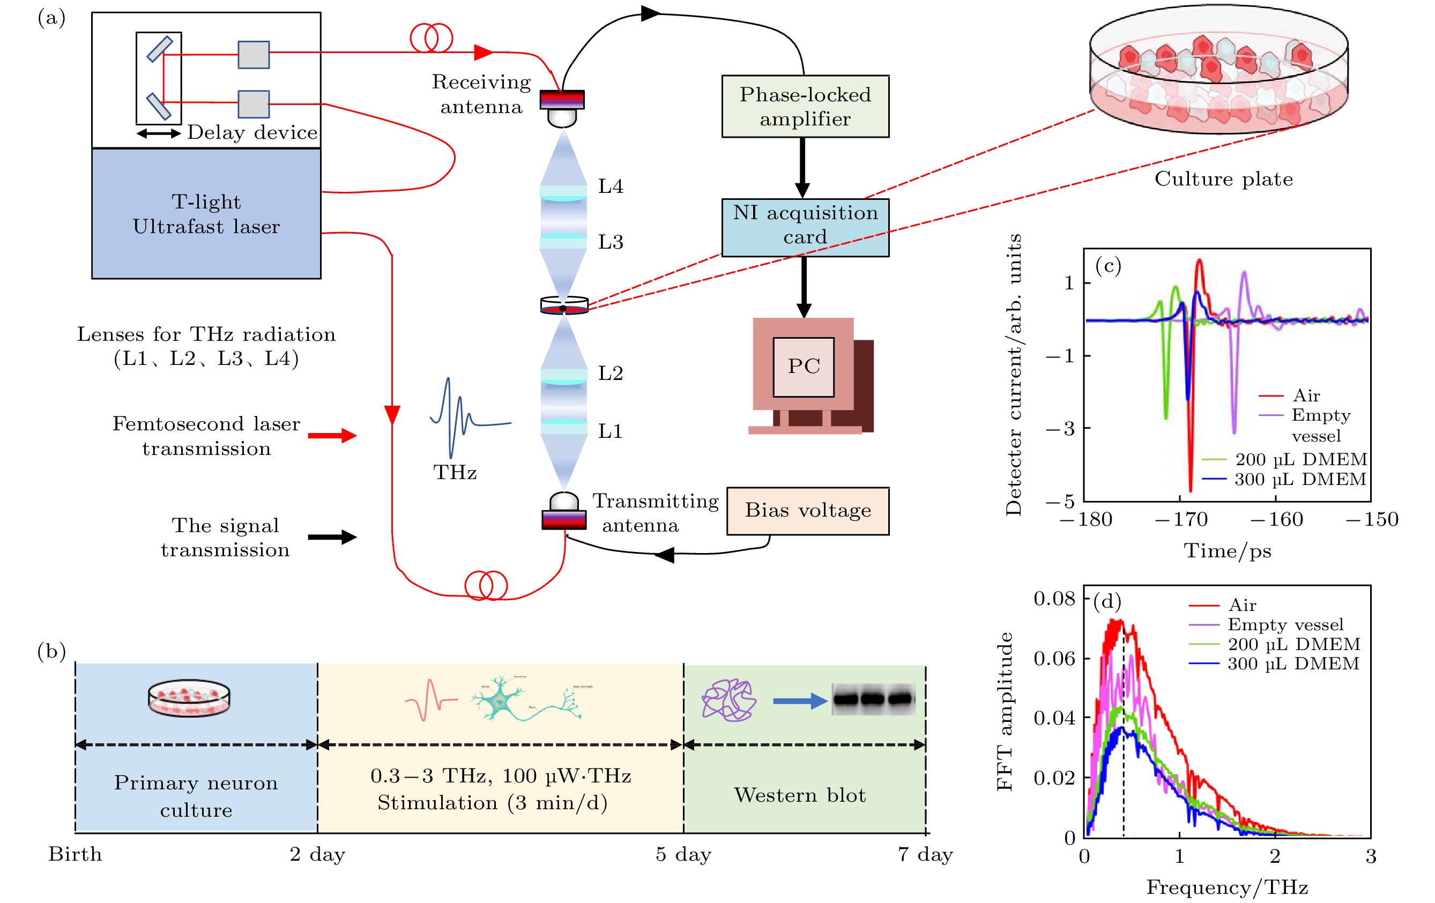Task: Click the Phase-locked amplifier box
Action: pyautogui.click(x=805, y=107)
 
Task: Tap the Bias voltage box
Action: pyautogui.click(x=807, y=511)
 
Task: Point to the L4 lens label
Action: pyautogui.click(x=610, y=186)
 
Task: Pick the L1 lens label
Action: pyautogui.click(x=610, y=431)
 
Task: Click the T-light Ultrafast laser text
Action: pyautogui.click(x=206, y=214)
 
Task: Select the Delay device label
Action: pyautogui.click(x=252, y=132)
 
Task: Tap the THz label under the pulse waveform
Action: pyautogui.click(x=455, y=472)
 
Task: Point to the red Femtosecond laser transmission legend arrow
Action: pyautogui.click(x=332, y=435)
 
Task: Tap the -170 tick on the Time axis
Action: pyautogui.click(x=1181, y=519)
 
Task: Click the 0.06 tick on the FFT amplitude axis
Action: pyautogui.click(x=1054, y=658)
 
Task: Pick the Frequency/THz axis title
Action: pyautogui.click(x=1227, y=887)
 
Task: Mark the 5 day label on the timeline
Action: pyautogui.click(x=683, y=854)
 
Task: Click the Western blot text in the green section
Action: pyautogui.click(x=800, y=795)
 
